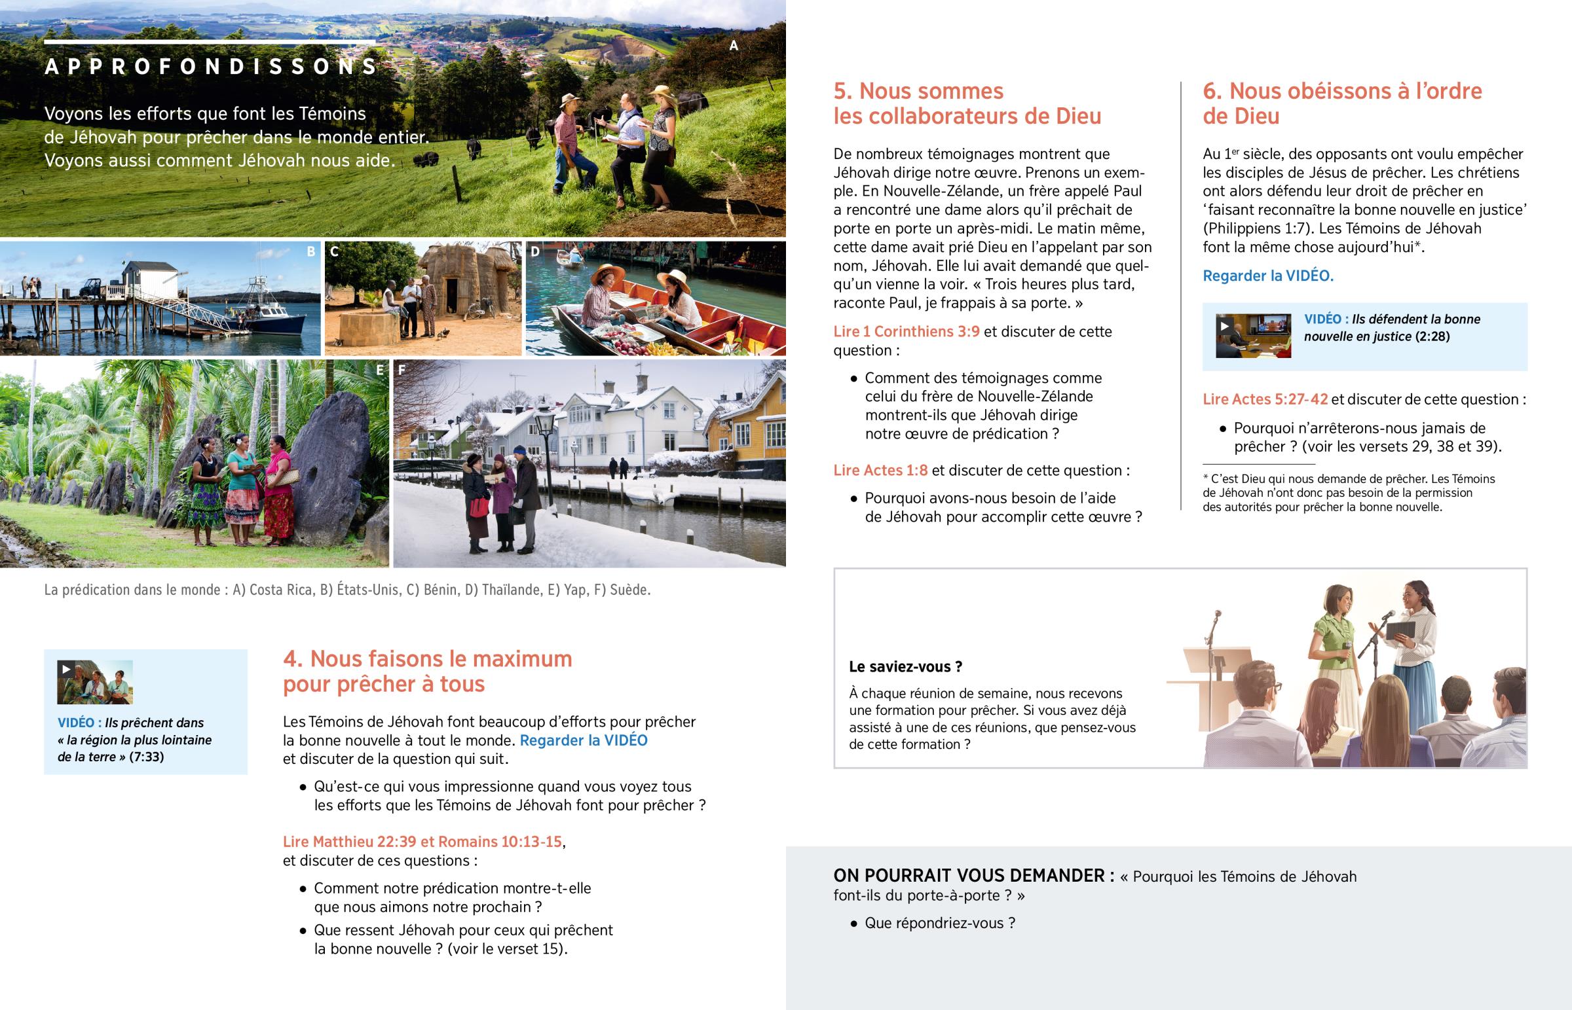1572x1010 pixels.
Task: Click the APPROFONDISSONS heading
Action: pos(211,66)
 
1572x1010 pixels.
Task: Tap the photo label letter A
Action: pos(734,46)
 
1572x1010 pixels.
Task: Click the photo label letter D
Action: pos(534,251)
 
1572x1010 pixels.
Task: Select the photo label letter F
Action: pos(402,370)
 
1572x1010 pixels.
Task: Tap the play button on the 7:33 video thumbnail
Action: pos(66,670)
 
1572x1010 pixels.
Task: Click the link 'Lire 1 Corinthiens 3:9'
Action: pos(906,332)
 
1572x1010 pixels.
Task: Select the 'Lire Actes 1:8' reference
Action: pos(880,470)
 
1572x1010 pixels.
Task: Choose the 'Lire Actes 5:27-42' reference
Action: pos(1265,399)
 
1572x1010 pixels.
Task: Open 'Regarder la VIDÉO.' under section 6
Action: pos(1267,276)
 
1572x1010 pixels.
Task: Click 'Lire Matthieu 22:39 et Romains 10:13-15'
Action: pos(422,841)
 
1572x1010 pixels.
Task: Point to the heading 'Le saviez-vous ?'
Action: pos(905,667)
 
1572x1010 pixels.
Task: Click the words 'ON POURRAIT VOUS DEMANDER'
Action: pos(973,876)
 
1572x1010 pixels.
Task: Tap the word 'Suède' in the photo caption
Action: pos(629,590)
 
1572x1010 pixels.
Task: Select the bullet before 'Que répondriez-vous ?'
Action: pos(853,924)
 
